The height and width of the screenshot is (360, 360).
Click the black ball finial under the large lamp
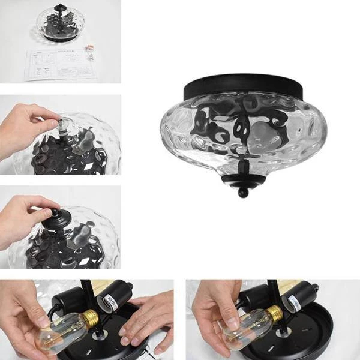pyautogui.click(x=242, y=192)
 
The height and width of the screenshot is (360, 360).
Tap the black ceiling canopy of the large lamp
pyautogui.click(x=244, y=85)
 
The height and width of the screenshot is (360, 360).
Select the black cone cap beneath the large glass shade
pyautogui.click(x=242, y=179)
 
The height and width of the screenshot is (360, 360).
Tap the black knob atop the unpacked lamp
pyautogui.click(x=60, y=9)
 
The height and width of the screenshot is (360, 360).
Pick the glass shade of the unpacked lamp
pyautogui.click(x=60, y=24)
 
